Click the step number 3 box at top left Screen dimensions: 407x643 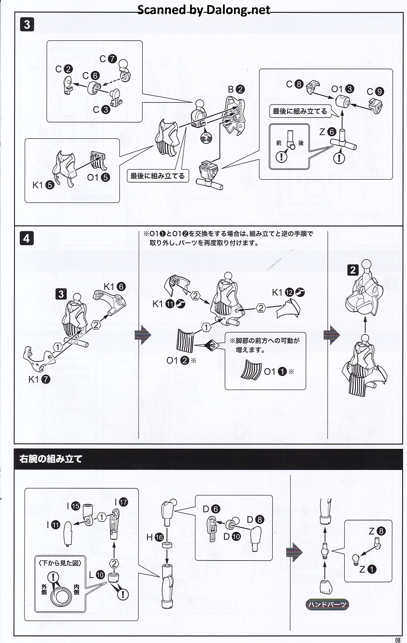pyautogui.click(x=27, y=25)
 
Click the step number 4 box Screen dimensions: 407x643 pyautogui.click(x=27, y=238)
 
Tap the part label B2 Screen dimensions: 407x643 pyautogui.click(x=236, y=90)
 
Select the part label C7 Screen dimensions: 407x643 pyautogui.click(x=108, y=59)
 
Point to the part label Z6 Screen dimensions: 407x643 pyautogui.click(x=328, y=132)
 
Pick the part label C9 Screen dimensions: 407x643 pyautogui.click(x=375, y=91)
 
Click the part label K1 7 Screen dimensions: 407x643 pyautogui.click(x=40, y=379)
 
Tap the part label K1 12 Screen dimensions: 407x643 pyautogui.click(x=288, y=293)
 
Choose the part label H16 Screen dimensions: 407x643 pyautogui.click(x=155, y=537)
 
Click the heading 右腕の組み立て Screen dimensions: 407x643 pyautogui.click(x=51, y=459)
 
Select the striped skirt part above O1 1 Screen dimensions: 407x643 pyautogui.click(x=252, y=370)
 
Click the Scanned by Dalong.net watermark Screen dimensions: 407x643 pyautogui.click(x=204, y=10)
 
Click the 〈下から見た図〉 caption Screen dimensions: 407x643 pyautogui.click(x=60, y=563)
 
